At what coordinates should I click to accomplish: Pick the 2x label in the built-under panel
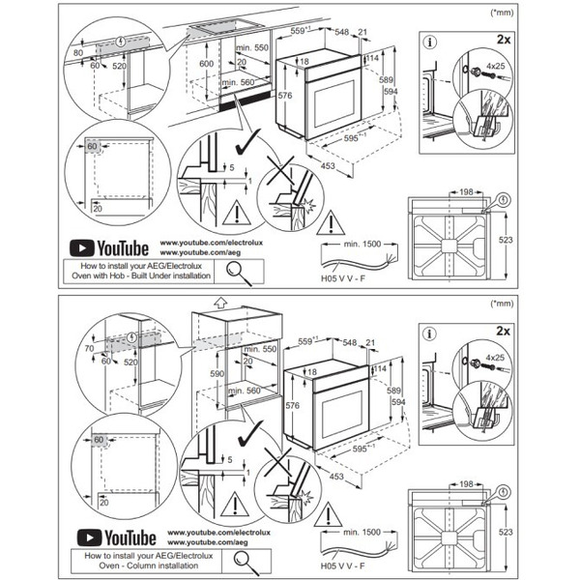click(503, 41)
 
